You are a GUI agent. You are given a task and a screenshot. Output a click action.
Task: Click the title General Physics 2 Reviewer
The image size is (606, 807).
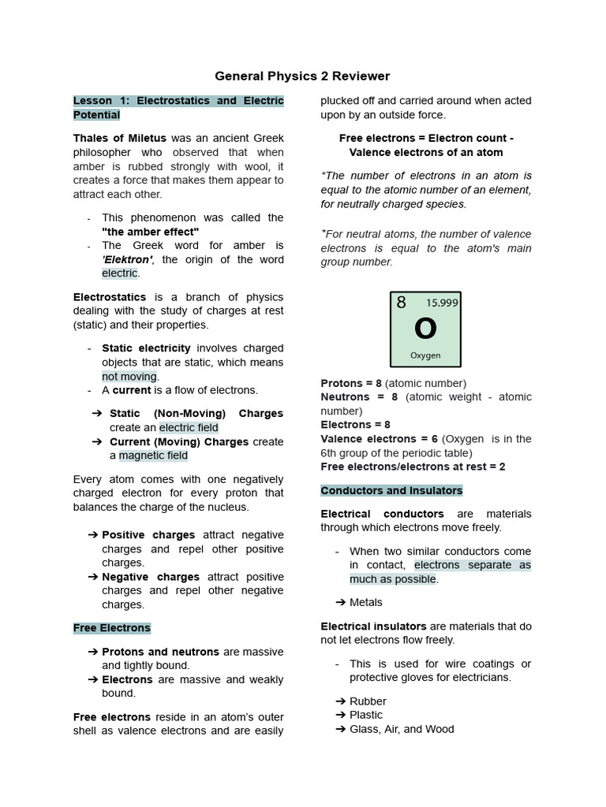click(x=303, y=76)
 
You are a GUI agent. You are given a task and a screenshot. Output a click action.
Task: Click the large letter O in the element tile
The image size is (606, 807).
click(x=425, y=329)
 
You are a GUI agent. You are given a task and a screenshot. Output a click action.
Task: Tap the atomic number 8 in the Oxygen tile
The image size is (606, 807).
click(x=401, y=303)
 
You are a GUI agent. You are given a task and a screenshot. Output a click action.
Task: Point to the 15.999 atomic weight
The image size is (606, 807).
click(x=442, y=303)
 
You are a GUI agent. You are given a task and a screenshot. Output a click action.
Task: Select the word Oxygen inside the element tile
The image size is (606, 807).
click(x=425, y=355)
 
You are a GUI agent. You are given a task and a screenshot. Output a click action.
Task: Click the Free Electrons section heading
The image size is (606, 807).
click(x=111, y=628)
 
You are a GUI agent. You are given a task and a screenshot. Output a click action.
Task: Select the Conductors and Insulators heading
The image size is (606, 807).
click(x=391, y=490)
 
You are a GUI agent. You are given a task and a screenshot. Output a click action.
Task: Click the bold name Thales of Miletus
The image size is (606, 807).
click(x=120, y=139)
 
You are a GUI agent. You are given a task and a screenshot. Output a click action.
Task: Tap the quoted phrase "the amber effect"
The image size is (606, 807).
click(x=150, y=232)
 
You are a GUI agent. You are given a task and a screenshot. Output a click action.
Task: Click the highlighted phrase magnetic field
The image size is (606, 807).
click(x=153, y=456)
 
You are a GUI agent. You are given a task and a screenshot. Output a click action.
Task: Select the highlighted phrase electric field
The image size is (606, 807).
click(x=189, y=428)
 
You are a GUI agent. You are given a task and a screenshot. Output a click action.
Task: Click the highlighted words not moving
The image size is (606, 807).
click(x=129, y=377)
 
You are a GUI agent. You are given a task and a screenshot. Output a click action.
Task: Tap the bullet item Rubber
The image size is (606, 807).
click(x=368, y=701)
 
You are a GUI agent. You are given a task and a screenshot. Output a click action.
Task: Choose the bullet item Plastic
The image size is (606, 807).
click(x=365, y=715)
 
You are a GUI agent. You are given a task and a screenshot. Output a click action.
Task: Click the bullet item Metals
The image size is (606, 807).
click(x=365, y=602)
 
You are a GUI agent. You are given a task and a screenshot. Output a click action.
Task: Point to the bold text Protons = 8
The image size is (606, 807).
click(x=351, y=383)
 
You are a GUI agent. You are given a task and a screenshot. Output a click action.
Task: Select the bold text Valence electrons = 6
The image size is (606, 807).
click(x=379, y=439)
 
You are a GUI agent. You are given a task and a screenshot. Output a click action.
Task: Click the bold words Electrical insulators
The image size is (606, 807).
click(x=373, y=627)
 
